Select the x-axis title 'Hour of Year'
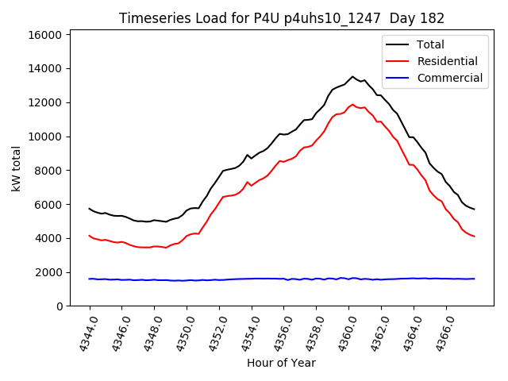tap(281, 364)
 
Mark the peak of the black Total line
tap(352, 77)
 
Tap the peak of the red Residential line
tap(352, 104)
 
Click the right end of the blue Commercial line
tap(474, 279)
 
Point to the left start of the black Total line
tap(89, 208)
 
